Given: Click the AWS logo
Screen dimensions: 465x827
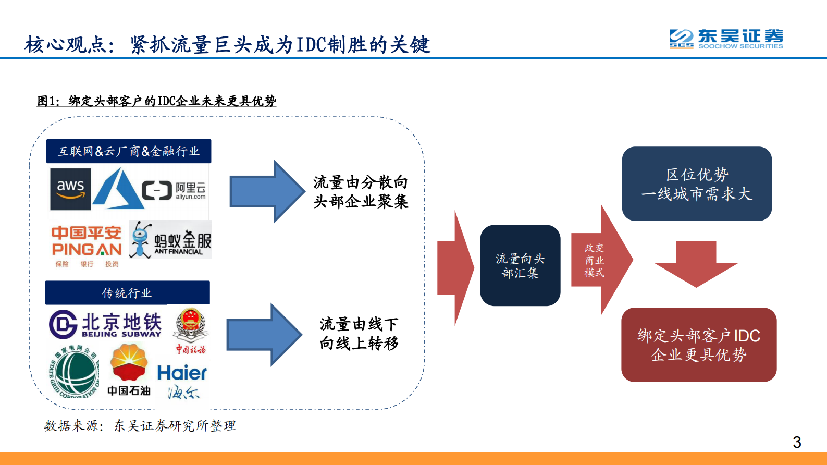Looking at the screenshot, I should [70, 189].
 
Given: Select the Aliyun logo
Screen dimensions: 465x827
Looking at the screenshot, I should [175, 191].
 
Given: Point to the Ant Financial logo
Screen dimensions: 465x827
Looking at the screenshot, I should [171, 240].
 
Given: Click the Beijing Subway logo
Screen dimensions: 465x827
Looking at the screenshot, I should [106, 325].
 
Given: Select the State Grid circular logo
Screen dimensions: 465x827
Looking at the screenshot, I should [74, 373].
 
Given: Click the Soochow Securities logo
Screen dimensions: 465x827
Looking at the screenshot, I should [726, 39].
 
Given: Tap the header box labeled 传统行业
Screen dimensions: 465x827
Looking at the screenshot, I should [127, 293].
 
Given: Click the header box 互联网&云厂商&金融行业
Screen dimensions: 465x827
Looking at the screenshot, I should [129, 151].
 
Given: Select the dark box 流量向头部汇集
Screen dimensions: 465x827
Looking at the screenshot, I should [520, 265].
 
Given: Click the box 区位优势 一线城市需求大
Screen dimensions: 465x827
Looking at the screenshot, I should [697, 184].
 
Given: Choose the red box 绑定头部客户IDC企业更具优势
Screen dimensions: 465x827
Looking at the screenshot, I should [699, 345].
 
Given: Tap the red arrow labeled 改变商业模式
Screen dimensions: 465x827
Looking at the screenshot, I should [599, 260].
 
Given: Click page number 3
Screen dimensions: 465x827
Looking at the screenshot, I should [797, 443].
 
